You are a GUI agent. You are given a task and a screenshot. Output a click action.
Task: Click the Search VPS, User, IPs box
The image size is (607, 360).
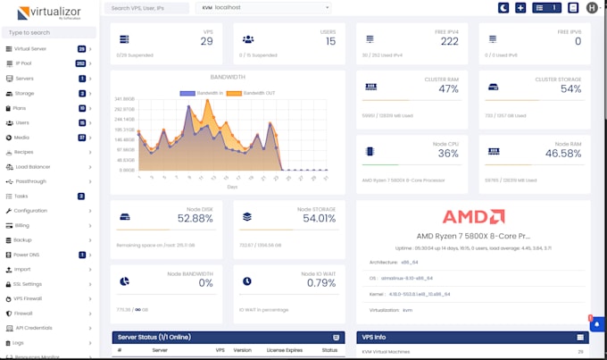(x=145, y=8)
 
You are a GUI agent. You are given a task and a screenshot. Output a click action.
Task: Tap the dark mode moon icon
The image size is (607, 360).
(x=503, y=8)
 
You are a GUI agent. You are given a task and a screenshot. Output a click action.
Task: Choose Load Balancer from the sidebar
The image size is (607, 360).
(x=33, y=166)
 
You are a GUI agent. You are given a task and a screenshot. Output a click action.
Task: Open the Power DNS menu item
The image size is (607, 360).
(x=27, y=255)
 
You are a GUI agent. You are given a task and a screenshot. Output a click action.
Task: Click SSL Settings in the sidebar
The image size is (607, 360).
(x=29, y=284)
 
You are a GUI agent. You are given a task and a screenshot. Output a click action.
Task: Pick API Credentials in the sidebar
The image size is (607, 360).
(x=34, y=328)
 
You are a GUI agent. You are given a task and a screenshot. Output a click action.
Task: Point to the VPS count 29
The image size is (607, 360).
(x=206, y=42)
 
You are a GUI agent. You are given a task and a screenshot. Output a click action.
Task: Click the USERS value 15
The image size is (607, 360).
(x=330, y=42)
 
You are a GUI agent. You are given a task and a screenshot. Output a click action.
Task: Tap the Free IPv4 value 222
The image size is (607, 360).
(x=449, y=42)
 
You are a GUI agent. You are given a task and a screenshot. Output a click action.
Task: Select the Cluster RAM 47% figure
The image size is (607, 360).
(x=448, y=89)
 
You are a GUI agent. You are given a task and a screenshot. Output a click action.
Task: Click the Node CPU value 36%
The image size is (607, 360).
(x=448, y=154)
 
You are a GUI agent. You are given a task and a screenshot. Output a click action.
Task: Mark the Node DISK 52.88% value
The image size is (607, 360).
(x=195, y=218)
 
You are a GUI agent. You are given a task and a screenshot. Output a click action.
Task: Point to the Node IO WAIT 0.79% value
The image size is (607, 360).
(x=320, y=283)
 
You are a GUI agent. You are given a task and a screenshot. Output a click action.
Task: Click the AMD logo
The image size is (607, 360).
(x=474, y=217)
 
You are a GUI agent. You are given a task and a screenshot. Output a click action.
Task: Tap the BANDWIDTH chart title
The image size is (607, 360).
(x=228, y=77)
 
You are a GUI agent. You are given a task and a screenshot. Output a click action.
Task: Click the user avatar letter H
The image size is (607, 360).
(x=593, y=8)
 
